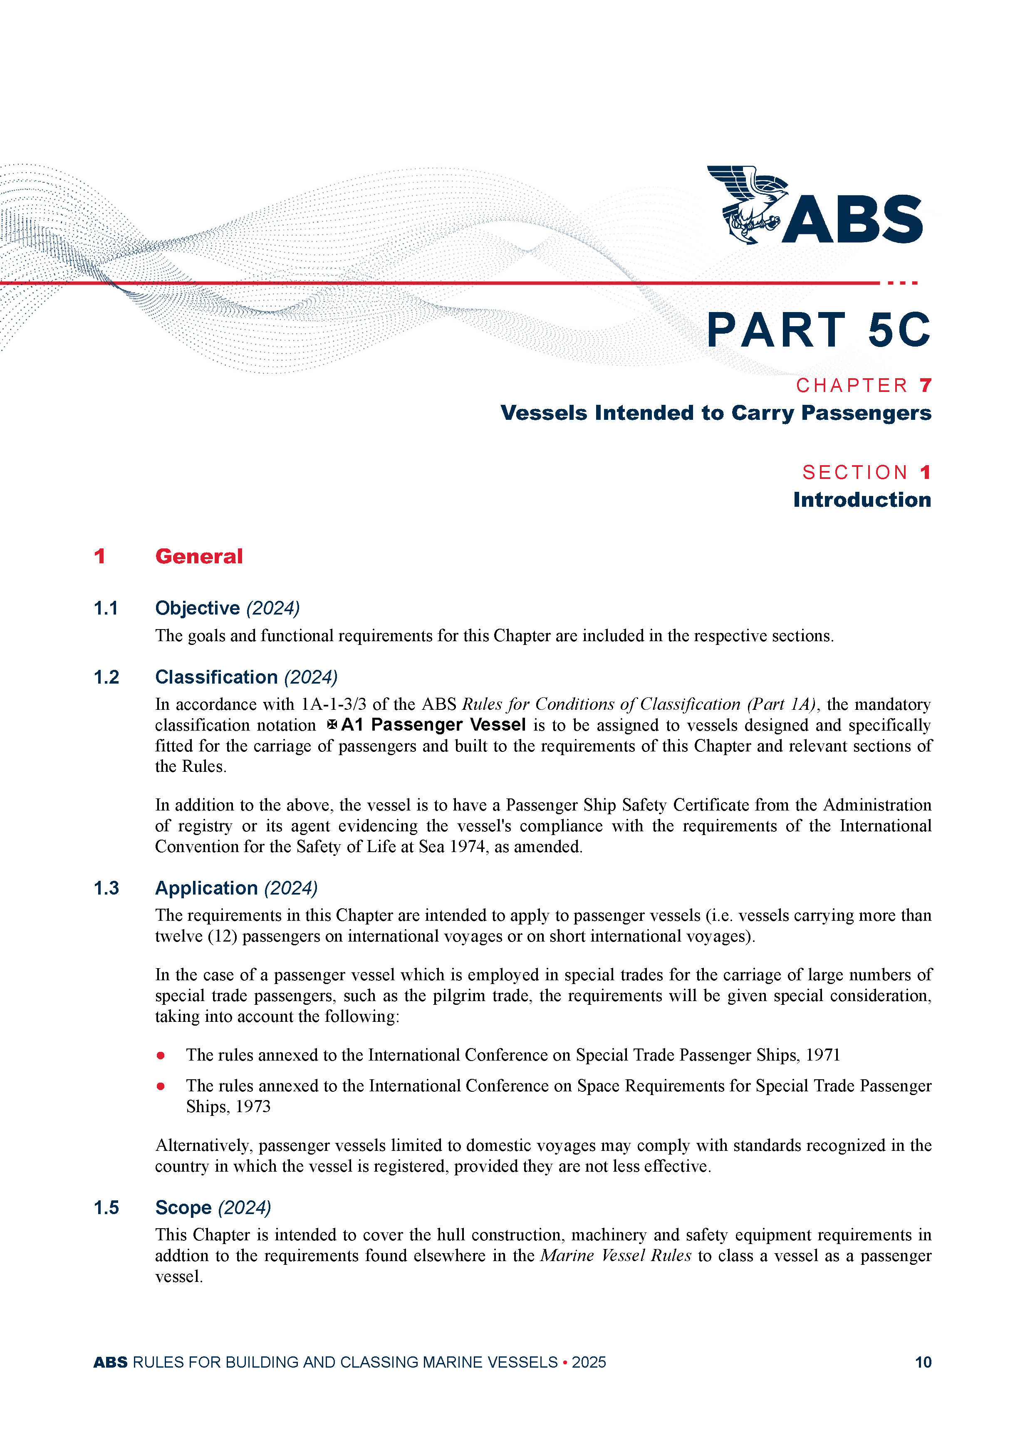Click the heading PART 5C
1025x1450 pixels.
[x=818, y=330]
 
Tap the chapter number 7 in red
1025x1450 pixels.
[x=925, y=385]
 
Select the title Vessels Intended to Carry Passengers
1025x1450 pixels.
[x=716, y=413]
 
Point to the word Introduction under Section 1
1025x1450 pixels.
[x=862, y=500]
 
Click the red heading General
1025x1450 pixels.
[x=199, y=556]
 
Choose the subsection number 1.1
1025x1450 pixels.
[x=106, y=608]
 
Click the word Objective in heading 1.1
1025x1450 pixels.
[x=197, y=608]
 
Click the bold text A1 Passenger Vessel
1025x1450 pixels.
[x=433, y=724]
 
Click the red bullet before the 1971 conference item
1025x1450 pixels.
[x=161, y=1055]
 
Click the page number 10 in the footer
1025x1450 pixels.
[x=923, y=1362]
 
